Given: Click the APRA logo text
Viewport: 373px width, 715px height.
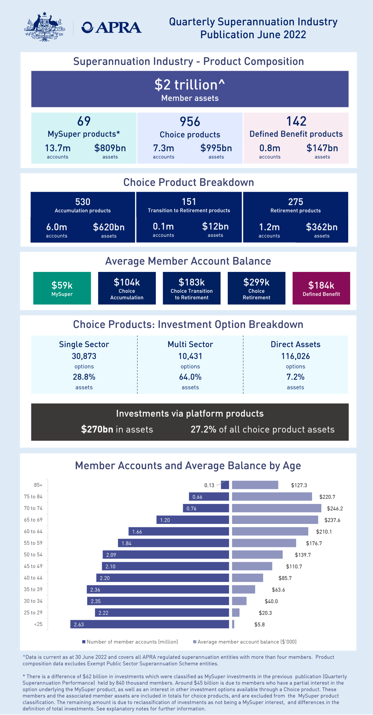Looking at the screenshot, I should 111,27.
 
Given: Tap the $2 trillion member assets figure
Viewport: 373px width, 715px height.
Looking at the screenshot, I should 190,85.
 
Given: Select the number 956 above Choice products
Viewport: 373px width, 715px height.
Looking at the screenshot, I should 190,122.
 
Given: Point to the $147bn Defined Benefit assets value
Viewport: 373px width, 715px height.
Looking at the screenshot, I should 322,148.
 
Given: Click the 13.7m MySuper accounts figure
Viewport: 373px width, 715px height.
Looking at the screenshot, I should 57,148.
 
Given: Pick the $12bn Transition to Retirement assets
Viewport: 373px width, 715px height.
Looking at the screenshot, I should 215,227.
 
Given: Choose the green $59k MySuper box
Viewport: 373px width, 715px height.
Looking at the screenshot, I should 62,288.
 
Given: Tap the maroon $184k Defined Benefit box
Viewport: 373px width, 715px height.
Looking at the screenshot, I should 321,288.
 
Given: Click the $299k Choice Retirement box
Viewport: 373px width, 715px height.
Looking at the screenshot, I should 256,288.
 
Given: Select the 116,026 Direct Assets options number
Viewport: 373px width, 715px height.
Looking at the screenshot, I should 296,356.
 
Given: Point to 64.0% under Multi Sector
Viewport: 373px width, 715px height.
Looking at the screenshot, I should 190,377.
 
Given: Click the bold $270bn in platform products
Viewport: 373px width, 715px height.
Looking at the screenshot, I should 97,429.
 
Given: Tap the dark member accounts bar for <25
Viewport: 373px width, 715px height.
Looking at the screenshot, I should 150,624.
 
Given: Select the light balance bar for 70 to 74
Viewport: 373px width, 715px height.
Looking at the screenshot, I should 276,508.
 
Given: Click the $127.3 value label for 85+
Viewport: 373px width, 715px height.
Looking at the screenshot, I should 299,485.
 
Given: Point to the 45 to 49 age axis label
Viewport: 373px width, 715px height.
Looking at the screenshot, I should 33,566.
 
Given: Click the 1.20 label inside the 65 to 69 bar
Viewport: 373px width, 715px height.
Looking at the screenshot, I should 165,520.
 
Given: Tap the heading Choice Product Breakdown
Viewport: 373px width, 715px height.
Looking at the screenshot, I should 189,182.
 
